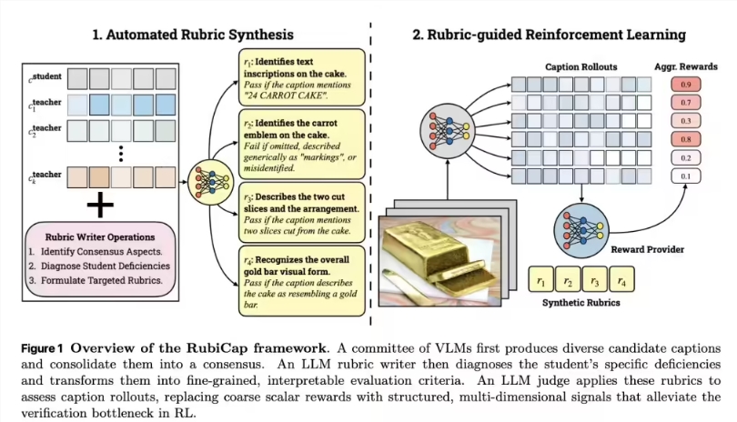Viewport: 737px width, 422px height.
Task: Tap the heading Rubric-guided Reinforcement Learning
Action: tap(549, 35)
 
